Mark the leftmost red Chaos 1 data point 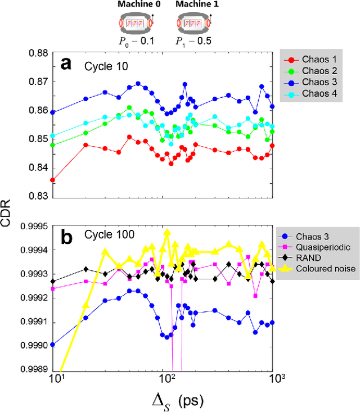tap(52, 180)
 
